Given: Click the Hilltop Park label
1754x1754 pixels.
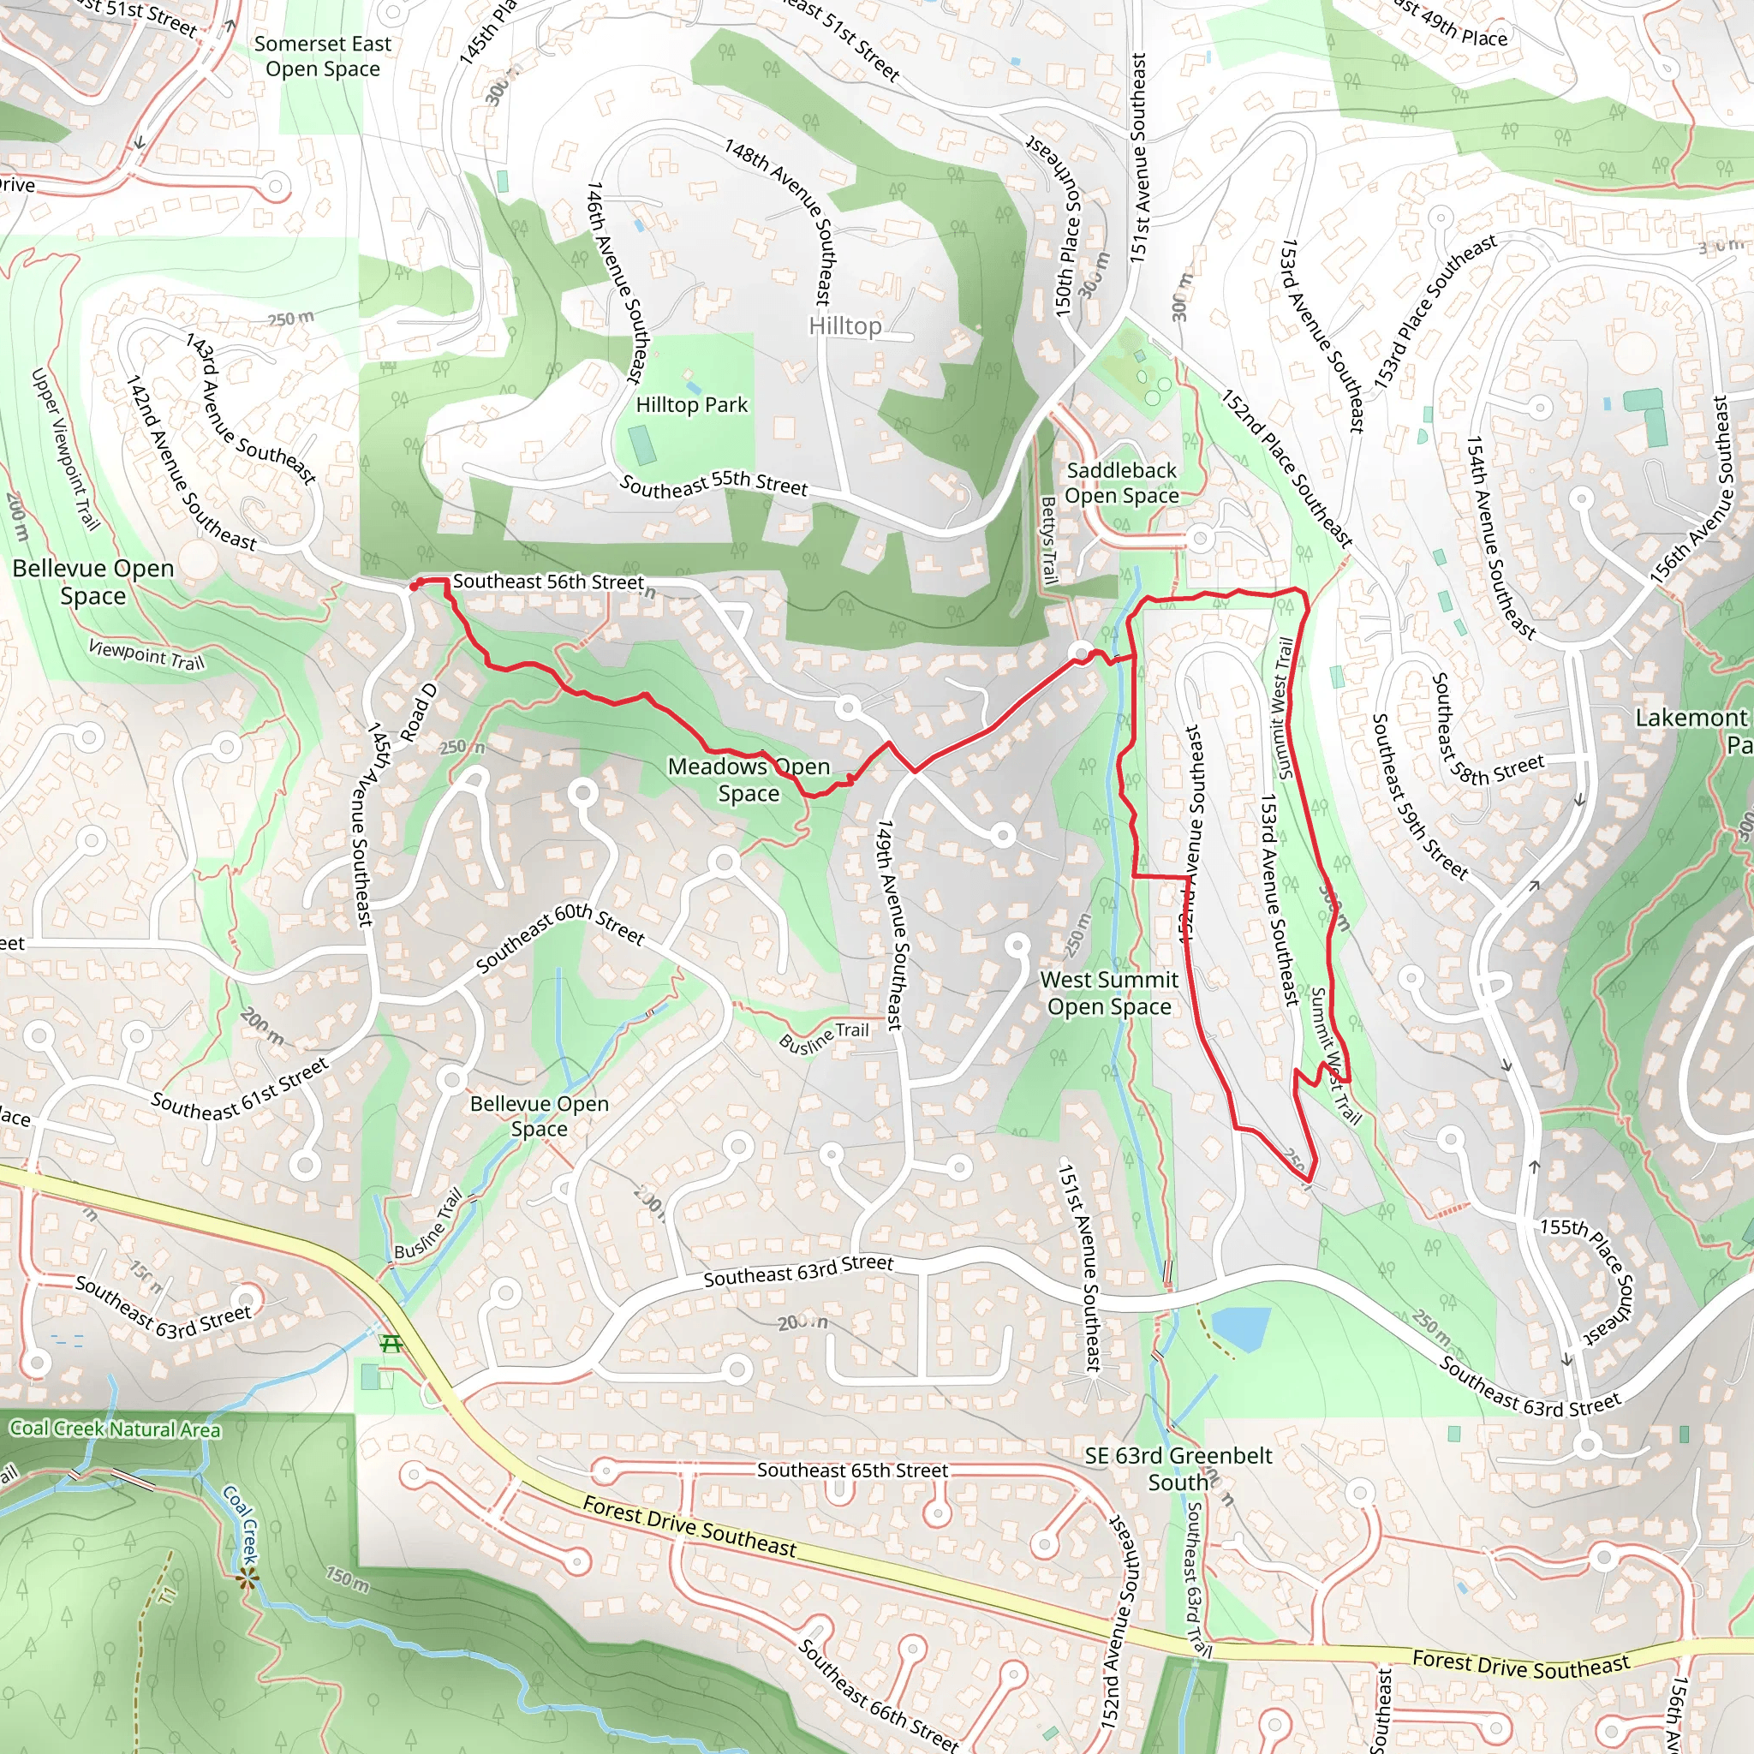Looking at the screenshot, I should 691,405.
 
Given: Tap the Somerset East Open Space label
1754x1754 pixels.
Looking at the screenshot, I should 322,57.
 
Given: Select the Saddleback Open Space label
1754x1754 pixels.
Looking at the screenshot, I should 1121,483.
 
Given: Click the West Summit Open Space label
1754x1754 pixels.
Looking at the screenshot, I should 1108,993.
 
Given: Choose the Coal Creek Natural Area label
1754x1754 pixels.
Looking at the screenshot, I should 115,1429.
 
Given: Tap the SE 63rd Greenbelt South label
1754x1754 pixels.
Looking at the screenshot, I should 1178,1468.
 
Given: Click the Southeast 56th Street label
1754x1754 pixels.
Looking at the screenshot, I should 548,582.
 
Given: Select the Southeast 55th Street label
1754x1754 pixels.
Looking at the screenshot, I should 713,485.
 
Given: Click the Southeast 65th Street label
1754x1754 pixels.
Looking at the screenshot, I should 851,1470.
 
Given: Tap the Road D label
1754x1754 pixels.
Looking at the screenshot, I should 419,712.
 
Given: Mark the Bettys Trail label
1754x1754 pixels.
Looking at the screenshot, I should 1048,540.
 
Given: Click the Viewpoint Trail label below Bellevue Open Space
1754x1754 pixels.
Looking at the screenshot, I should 146,653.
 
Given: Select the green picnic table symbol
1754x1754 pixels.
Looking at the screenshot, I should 391,1343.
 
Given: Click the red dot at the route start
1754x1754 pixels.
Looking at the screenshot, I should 414,587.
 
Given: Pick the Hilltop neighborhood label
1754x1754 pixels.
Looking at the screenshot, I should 844,326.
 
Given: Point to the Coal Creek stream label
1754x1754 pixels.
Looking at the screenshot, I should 241,1524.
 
